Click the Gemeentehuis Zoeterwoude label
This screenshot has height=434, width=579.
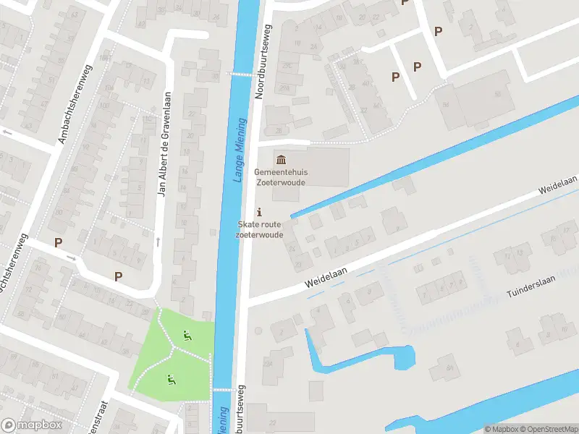pyautogui.click(x=279, y=177)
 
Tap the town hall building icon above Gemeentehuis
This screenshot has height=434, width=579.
pyautogui.click(x=280, y=159)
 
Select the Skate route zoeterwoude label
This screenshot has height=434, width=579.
pyautogui.click(x=259, y=230)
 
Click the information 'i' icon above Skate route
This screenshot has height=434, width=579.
pyautogui.click(x=260, y=212)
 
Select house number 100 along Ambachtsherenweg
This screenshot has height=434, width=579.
pyautogui.click(x=106, y=58)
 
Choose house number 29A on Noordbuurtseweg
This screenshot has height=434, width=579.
pyautogui.click(x=287, y=88)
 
